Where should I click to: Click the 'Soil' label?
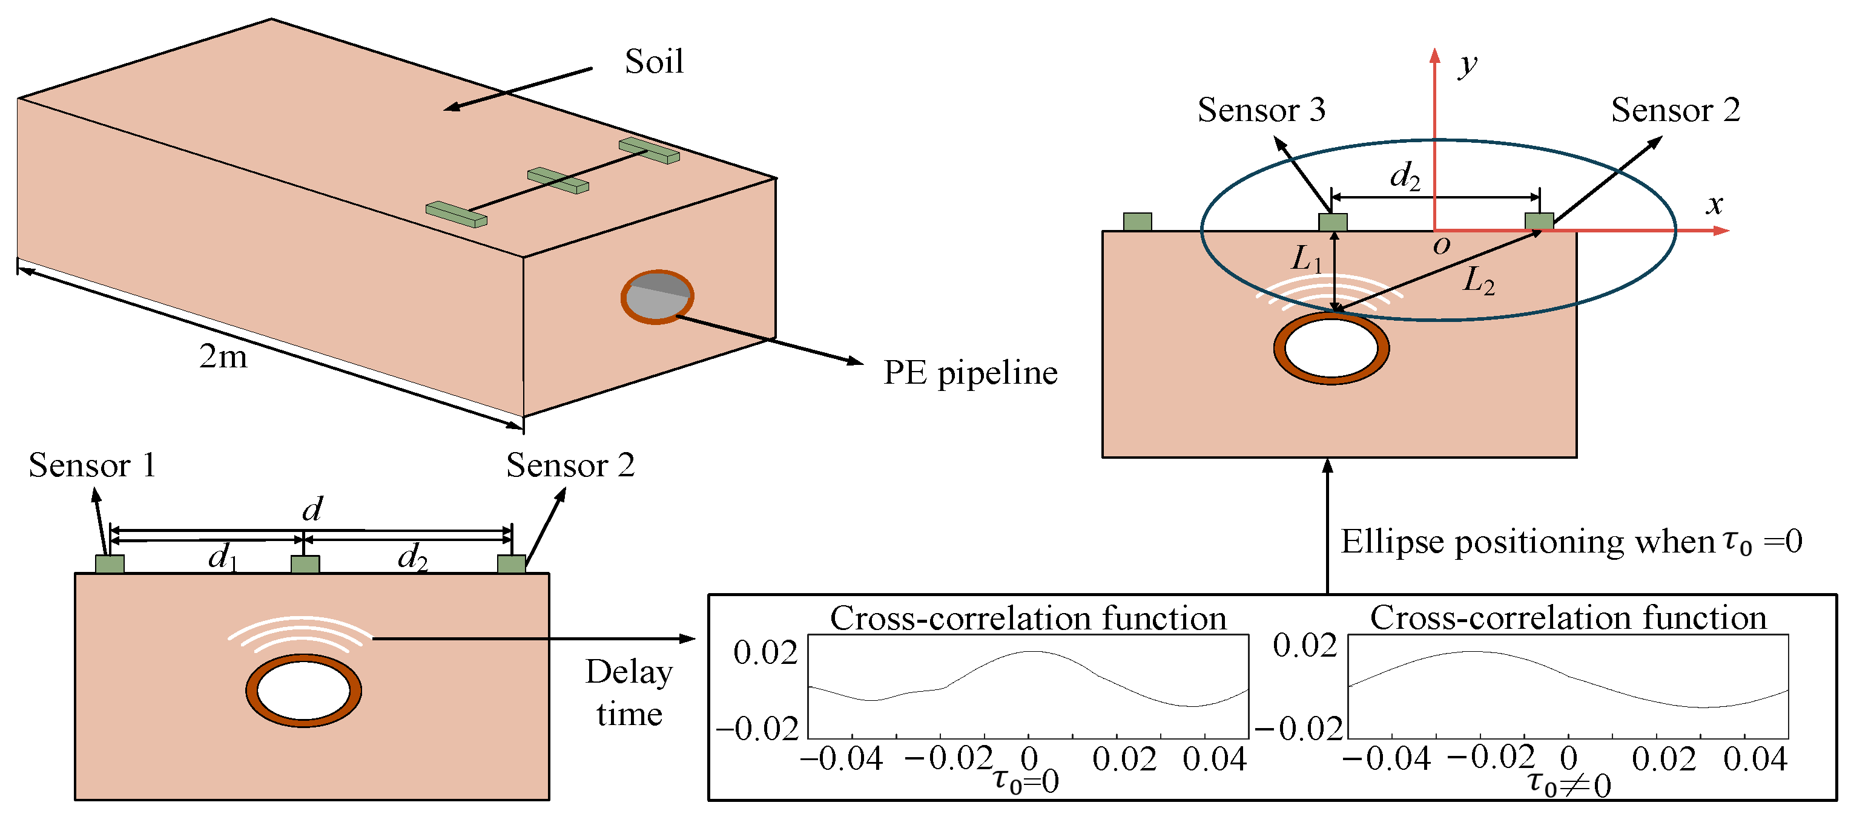pyautogui.click(x=653, y=61)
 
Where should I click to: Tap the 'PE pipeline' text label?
pyautogui.click(x=969, y=373)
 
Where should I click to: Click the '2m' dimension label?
pyautogui.click(x=223, y=356)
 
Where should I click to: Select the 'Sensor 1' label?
pyautogui.click(x=92, y=465)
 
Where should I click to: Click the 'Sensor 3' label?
pyautogui.click(x=1261, y=110)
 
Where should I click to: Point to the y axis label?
pyautogui.click(x=1467, y=65)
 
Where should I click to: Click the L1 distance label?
pyautogui.click(x=1306, y=258)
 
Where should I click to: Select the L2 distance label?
pyautogui.click(x=1479, y=280)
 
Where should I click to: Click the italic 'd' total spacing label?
pyautogui.click(x=312, y=510)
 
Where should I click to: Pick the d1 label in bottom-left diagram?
pyautogui.click(x=222, y=557)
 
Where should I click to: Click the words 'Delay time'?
pyautogui.click(x=629, y=692)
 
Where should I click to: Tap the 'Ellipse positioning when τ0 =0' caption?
pyautogui.click(x=1571, y=542)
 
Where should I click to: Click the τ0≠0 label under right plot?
pyautogui.click(x=1569, y=784)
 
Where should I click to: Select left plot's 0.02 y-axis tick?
pyautogui.click(x=765, y=652)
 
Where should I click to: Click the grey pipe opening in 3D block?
pyautogui.click(x=657, y=297)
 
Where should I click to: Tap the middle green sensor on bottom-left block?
pyautogui.click(x=305, y=564)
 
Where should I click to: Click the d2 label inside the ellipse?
pyautogui.click(x=1405, y=176)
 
